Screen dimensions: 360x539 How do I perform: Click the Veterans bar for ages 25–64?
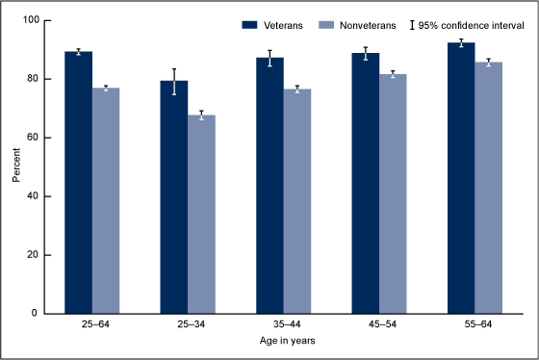point(78,183)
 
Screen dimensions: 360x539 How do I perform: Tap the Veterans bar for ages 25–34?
point(174,197)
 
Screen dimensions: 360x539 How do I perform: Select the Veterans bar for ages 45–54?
point(366,183)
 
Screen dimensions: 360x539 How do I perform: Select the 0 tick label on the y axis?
point(36,314)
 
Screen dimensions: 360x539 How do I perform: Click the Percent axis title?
point(14,167)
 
